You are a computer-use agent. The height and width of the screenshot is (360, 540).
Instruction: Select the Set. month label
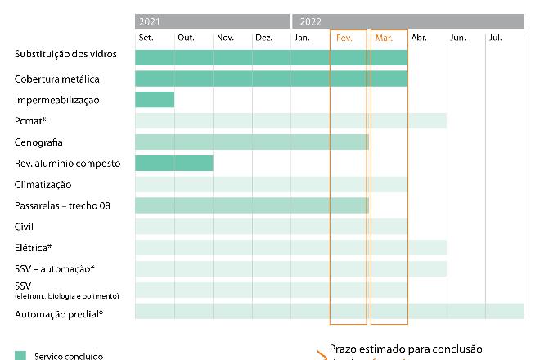(x=146, y=38)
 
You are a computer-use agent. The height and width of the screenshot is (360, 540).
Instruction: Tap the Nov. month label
(x=225, y=38)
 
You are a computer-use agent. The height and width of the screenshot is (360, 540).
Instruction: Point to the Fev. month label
(x=344, y=38)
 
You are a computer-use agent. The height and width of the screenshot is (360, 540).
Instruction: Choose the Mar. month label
(x=383, y=38)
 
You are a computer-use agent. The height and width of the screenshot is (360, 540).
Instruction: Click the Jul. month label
(x=496, y=38)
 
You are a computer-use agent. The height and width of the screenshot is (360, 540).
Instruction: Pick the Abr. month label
(x=419, y=38)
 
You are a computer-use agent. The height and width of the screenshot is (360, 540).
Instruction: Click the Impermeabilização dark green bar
(x=155, y=100)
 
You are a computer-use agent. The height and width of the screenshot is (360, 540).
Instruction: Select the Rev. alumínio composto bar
(x=174, y=163)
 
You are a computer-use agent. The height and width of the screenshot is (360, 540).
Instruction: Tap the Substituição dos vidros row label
(x=65, y=54)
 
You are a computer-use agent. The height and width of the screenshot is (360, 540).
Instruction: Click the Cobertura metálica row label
(x=57, y=79)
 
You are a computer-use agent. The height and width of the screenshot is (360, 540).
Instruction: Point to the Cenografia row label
(x=38, y=142)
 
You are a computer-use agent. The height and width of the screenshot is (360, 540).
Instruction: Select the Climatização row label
(x=43, y=185)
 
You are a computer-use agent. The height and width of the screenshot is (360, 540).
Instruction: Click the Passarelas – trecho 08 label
(x=62, y=205)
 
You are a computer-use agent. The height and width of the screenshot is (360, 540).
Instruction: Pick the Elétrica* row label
(x=34, y=247)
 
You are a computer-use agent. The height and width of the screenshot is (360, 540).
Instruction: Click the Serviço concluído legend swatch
(x=20, y=356)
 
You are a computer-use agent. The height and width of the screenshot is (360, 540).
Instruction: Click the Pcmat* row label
(x=30, y=121)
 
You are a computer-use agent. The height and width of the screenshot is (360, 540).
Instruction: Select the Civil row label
(x=25, y=227)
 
